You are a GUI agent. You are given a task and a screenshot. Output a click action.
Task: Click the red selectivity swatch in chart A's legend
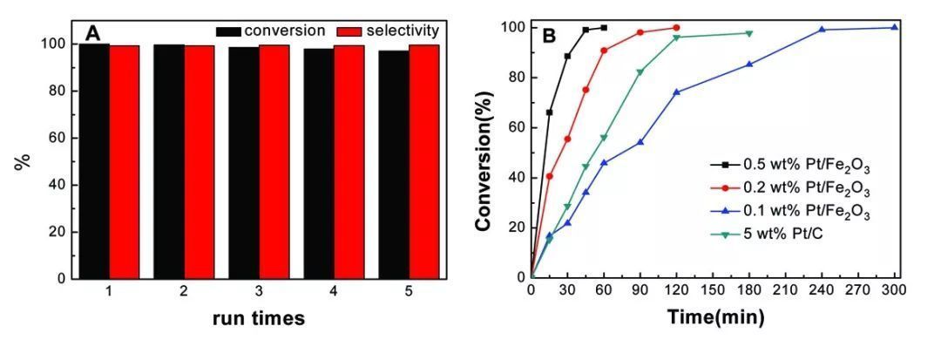pos(349,31)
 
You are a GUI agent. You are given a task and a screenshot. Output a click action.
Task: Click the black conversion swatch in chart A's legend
pos(228,31)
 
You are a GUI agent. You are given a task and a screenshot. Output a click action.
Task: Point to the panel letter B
pos(550,37)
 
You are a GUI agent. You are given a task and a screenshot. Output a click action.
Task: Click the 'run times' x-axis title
pos(259,318)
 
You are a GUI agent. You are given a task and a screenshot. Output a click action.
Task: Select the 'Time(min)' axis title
pos(716,317)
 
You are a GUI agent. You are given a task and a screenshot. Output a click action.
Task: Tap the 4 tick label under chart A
pos(334,292)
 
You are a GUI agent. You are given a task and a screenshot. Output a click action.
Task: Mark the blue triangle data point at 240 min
pos(822,30)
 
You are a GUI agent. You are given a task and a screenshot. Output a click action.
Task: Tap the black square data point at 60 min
pos(604,28)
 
